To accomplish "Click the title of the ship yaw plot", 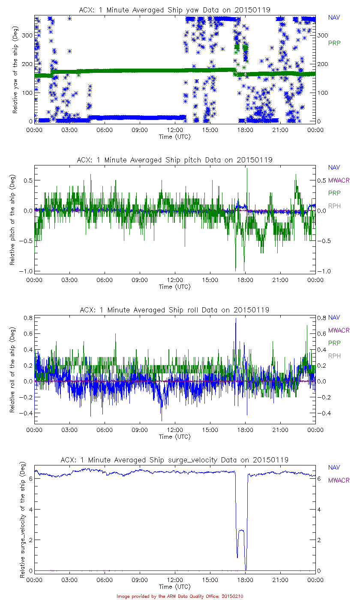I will pyautogui.click(x=175, y=9).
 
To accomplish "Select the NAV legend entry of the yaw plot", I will pyautogui.click(x=334, y=18).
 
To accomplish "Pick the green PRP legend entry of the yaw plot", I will pyautogui.click(x=334, y=43).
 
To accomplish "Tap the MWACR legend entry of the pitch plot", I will pyautogui.click(x=339, y=180).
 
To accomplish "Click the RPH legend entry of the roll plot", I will pyautogui.click(x=335, y=356).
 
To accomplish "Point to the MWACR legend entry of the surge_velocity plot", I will pyautogui.click(x=339, y=480).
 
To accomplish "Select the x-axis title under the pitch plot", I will pyautogui.click(x=175, y=287).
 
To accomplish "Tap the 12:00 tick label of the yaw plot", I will pyautogui.click(x=175, y=129).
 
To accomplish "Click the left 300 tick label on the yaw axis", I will pyautogui.click(x=27, y=36).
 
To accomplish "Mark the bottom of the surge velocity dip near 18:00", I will pyautogui.click(x=246, y=570).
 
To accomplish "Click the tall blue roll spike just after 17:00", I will pyautogui.click(x=235, y=319).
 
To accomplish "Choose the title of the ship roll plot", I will pyautogui.click(x=175, y=309).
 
